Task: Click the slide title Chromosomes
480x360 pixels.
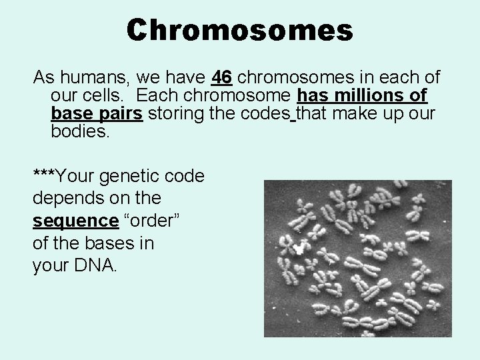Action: [240, 31]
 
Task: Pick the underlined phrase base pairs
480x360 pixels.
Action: [97, 113]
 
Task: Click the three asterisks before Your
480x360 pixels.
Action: [44, 176]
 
